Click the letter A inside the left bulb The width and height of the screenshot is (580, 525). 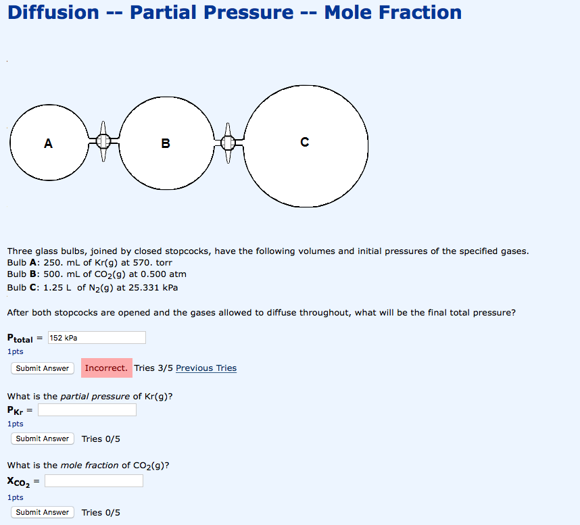pyautogui.click(x=47, y=143)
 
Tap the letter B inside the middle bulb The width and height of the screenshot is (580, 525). pyautogui.click(x=166, y=143)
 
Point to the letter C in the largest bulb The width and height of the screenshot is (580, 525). pyautogui.click(x=305, y=142)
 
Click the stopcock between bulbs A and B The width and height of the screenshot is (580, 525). pyautogui.click(x=103, y=141)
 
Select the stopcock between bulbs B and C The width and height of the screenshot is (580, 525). pyautogui.click(x=228, y=142)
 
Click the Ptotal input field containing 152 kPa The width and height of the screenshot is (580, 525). pyautogui.click(x=97, y=337)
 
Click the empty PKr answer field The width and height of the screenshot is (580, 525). pyautogui.click(x=87, y=409)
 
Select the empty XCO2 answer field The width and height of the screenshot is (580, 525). pyautogui.click(x=94, y=480)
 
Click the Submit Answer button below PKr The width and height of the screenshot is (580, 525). pyautogui.click(x=43, y=439)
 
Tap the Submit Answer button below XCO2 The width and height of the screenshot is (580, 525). pyautogui.click(x=43, y=512)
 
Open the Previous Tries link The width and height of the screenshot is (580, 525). pyautogui.click(x=206, y=368)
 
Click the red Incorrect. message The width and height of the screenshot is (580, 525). pyautogui.click(x=106, y=368)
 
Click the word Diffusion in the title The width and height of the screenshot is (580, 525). pyautogui.click(x=53, y=12)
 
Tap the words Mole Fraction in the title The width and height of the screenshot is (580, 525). pyautogui.click(x=393, y=12)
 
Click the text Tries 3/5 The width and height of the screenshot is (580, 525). pyautogui.click(x=153, y=368)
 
